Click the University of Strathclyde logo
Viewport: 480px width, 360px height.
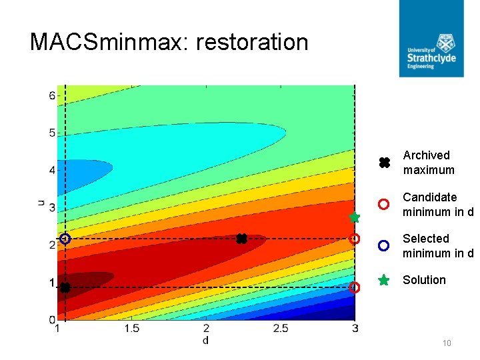click(431, 39)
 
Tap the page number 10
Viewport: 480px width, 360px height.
click(447, 343)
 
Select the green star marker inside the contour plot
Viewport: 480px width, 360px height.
click(355, 217)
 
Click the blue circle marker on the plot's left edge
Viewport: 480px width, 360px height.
click(65, 239)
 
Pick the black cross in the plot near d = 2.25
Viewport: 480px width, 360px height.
click(241, 239)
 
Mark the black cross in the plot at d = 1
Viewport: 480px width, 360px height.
click(65, 287)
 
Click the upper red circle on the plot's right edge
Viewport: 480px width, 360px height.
click(355, 239)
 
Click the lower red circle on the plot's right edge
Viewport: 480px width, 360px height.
click(355, 287)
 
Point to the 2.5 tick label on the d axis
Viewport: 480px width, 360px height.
click(280, 329)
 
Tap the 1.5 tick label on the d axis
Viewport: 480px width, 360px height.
click(131, 329)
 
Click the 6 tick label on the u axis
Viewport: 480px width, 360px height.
click(51, 95)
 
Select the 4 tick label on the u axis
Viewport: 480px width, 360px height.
click(51, 171)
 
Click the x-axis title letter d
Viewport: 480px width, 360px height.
click(205, 341)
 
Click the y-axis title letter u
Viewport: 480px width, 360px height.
click(41, 201)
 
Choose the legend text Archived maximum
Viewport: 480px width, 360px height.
click(428, 163)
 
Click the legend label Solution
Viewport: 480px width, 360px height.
click(424, 280)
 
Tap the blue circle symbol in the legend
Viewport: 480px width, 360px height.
click(383, 245)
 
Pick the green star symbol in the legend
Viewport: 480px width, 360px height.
click(383, 281)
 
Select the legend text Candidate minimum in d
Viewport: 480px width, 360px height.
click(437, 205)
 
